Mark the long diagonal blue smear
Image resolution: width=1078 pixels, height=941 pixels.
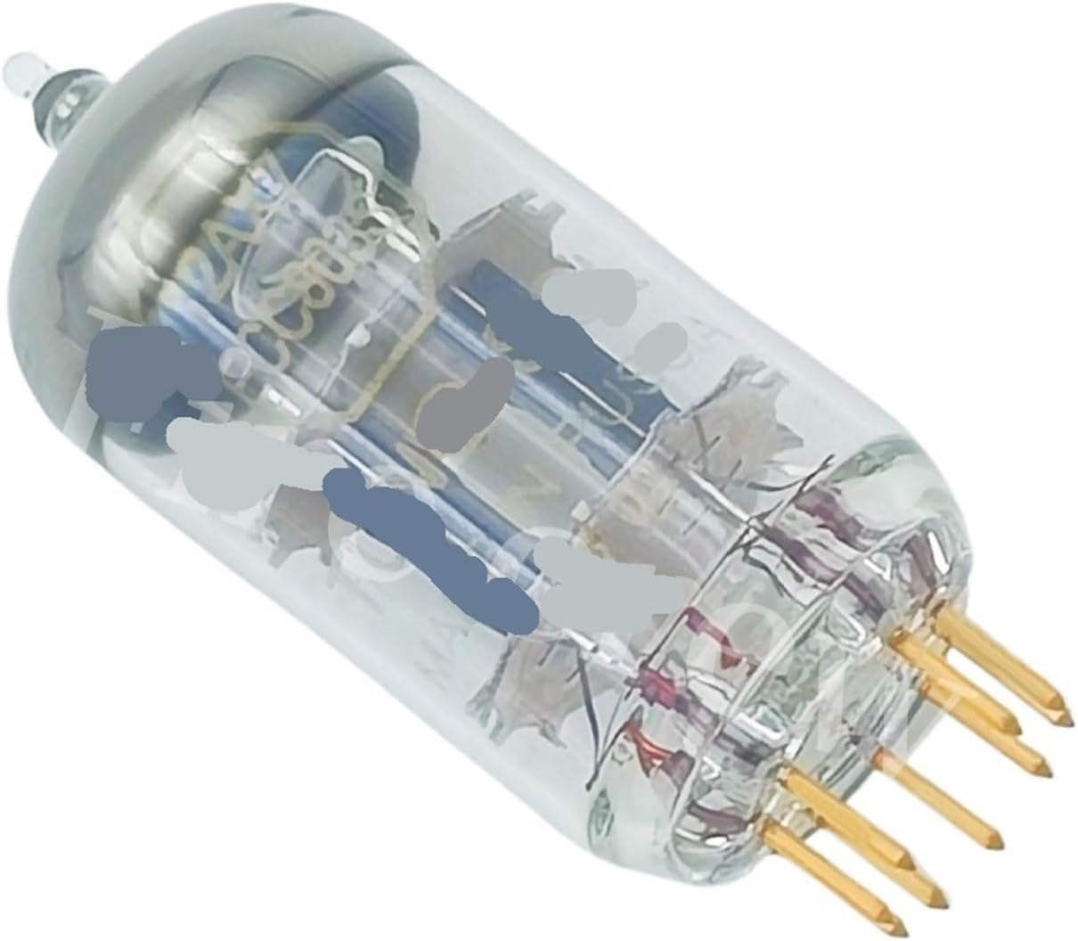[428, 544]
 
